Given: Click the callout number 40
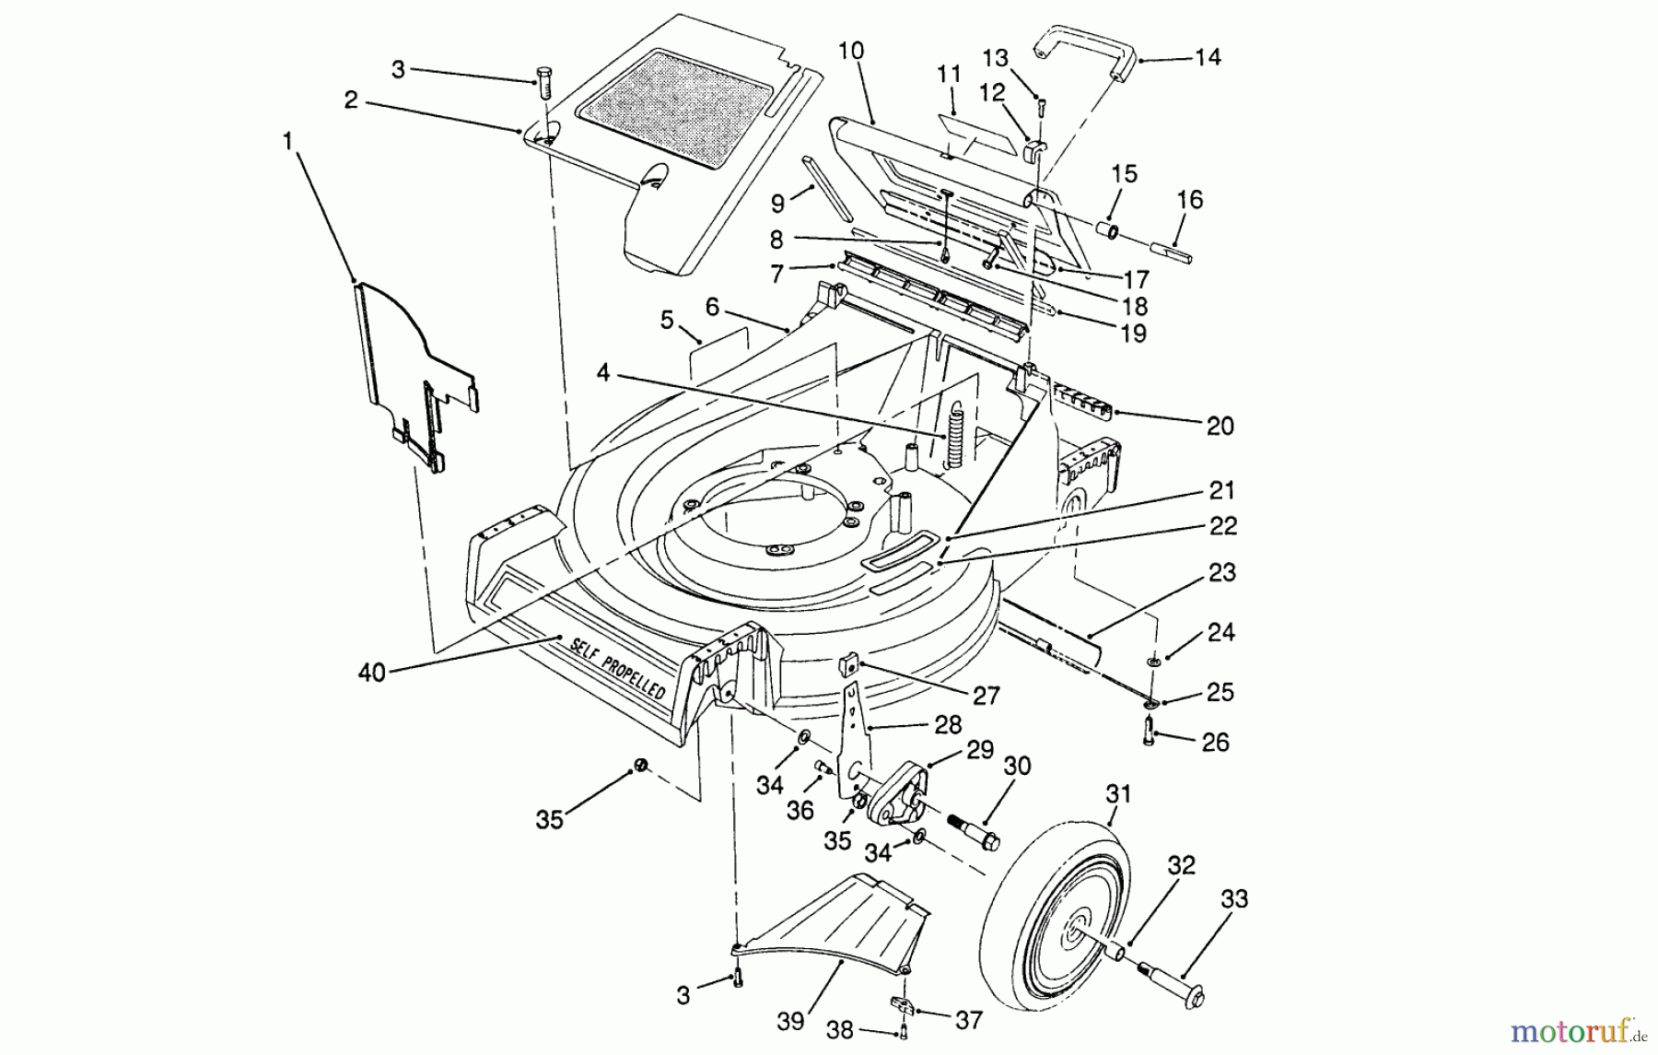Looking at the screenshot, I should pos(371,674).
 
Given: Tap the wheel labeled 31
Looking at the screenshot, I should pos(1055,908).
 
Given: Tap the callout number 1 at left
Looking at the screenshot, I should pos(288,141).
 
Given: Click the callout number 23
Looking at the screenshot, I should pos(1221,572).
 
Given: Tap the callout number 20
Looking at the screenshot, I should pos(1220,427).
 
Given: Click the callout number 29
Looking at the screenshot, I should pos(980,750).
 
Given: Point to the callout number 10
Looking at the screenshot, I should pos(851,50).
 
